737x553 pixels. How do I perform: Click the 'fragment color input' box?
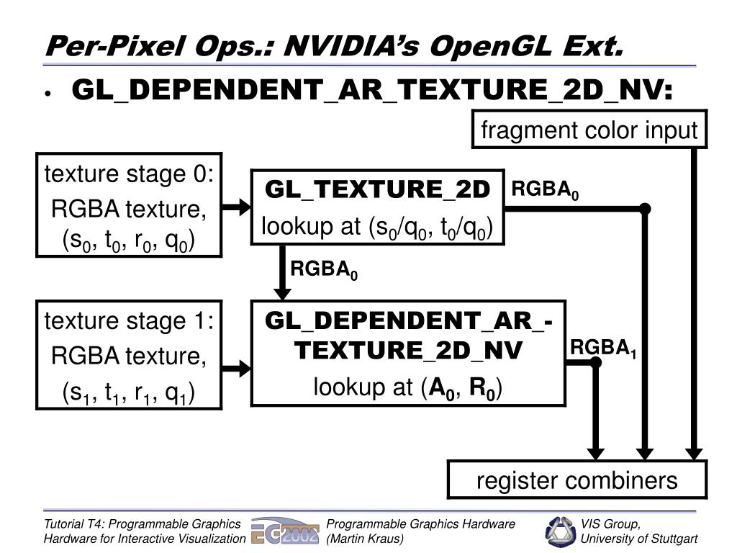(589, 130)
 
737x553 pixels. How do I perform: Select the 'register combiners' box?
(577, 480)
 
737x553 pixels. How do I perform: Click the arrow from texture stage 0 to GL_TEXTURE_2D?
(236, 208)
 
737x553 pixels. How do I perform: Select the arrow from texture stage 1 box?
(236, 368)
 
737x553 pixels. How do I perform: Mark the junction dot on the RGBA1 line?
(595, 362)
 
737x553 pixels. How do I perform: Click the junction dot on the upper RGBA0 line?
(645, 209)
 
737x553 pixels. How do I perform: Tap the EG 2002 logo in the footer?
(284, 531)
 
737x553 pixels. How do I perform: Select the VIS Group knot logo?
(560, 531)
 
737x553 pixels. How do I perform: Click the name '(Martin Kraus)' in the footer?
(365, 539)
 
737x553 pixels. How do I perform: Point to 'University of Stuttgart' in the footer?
(639, 539)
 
